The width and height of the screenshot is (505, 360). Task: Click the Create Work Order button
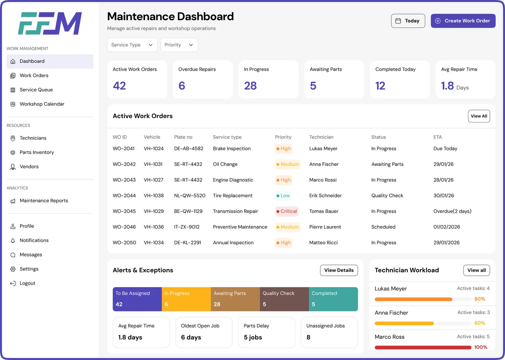463,21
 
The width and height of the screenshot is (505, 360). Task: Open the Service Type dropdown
132,45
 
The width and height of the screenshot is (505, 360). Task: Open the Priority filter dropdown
179,45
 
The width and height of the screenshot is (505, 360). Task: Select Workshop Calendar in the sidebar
42,104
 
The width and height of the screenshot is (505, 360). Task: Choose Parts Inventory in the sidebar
37,152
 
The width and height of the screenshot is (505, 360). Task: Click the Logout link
27,283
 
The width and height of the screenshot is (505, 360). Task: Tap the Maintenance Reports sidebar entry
44,201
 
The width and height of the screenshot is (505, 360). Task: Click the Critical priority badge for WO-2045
287,211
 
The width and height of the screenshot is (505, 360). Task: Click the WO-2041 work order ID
124,149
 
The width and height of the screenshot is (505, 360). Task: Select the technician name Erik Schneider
325,196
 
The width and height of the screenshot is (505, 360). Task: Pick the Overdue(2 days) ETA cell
452,211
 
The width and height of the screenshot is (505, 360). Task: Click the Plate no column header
183,137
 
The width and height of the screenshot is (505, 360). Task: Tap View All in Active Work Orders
478,116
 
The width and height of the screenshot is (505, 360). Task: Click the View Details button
339,270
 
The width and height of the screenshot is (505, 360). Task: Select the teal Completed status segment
333,299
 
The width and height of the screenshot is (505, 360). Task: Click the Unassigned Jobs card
329,332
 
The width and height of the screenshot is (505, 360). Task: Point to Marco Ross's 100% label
481,347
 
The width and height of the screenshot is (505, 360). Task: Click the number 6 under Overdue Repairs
182,86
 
